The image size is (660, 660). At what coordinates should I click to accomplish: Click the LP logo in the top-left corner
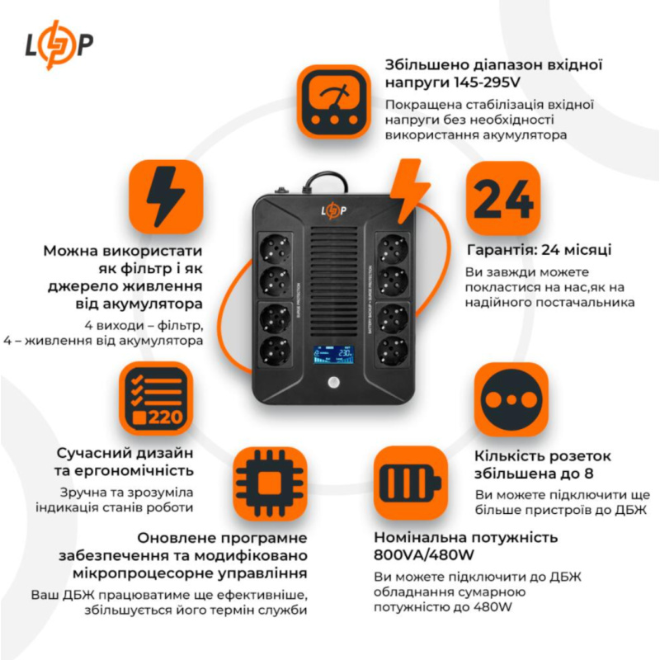(x=59, y=44)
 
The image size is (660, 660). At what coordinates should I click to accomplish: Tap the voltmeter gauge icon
(x=334, y=102)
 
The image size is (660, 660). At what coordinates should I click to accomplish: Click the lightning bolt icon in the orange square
(x=166, y=196)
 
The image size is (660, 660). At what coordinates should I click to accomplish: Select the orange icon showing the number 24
(x=503, y=198)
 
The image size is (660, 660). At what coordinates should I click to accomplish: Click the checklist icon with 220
(x=156, y=398)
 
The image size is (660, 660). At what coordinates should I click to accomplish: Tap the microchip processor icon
(x=270, y=484)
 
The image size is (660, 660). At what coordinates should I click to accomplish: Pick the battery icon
(x=410, y=483)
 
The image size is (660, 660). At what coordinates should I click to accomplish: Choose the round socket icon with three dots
(x=511, y=400)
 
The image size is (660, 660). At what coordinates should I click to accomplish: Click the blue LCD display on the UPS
(x=333, y=355)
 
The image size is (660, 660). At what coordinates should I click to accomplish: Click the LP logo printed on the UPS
(x=334, y=210)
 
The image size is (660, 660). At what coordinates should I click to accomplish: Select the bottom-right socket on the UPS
(x=393, y=351)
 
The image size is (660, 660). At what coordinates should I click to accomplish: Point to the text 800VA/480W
(x=424, y=555)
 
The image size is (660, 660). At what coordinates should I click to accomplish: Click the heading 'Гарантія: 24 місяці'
(x=539, y=250)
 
